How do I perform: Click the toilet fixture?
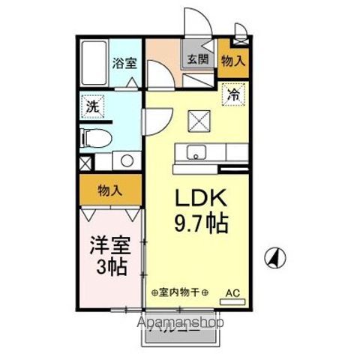click(x=94, y=138)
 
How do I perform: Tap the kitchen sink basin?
click(x=196, y=154)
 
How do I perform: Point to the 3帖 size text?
click(x=110, y=266)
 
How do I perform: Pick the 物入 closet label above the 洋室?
click(x=109, y=190)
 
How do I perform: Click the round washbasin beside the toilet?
click(x=126, y=160)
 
